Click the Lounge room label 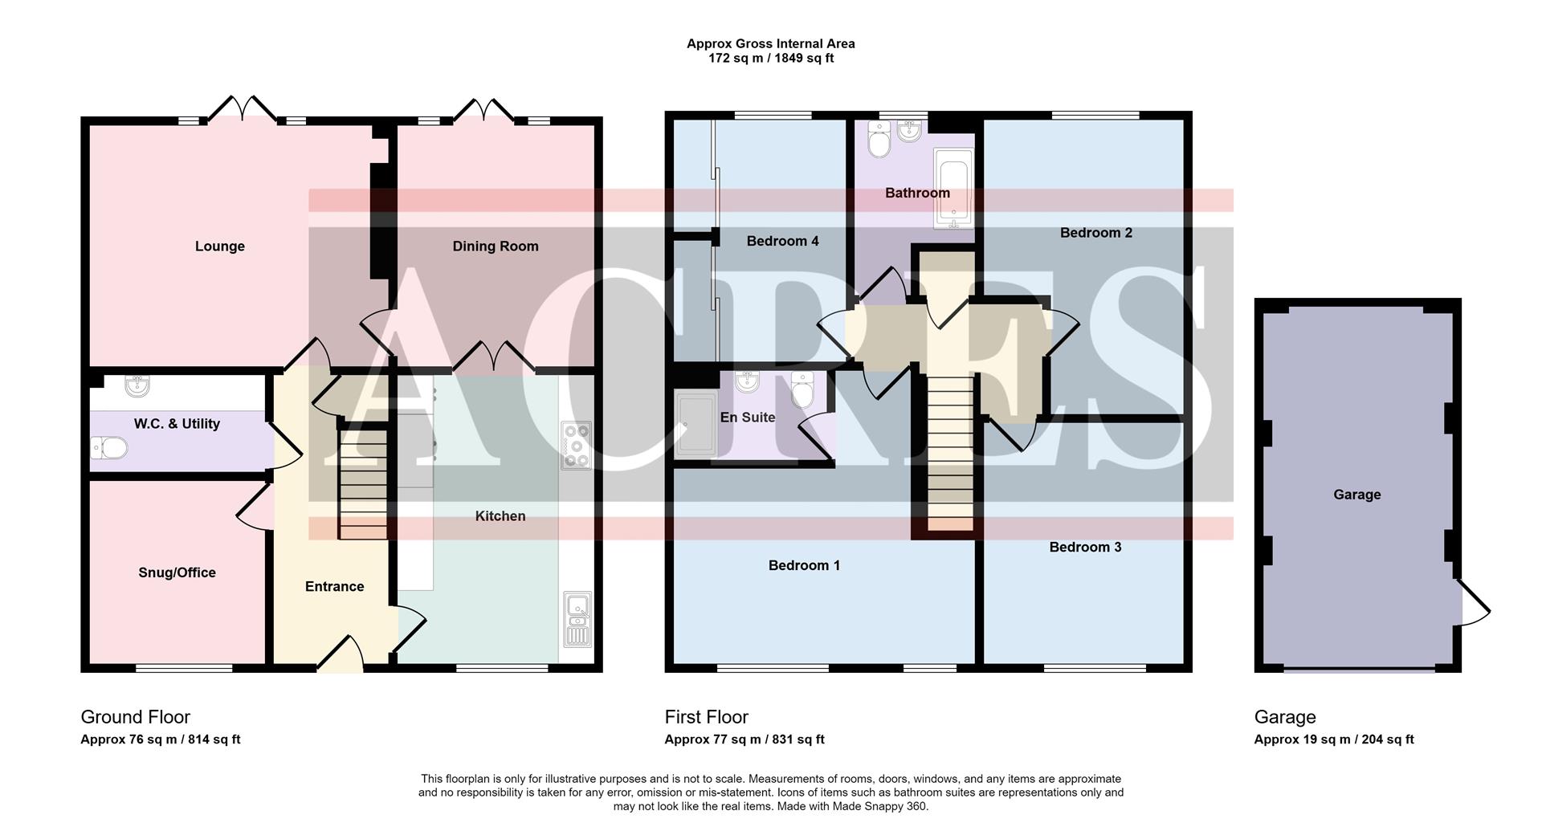(x=219, y=246)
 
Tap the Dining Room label (x=495, y=246)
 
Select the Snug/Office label (x=177, y=572)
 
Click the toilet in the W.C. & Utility (x=109, y=447)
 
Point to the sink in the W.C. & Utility (x=138, y=386)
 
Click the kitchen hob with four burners (x=576, y=446)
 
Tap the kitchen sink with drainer (x=577, y=619)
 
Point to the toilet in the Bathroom (x=879, y=141)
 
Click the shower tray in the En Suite (x=696, y=425)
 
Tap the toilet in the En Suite (x=802, y=389)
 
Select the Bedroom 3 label (x=1085, y=548)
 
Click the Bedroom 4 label (x=782, y=241)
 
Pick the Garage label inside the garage (x=1356, y=495)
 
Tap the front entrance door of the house (x=341, y=654)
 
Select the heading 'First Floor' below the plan (x=706, y=717)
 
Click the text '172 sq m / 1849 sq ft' (x=770, y=59)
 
